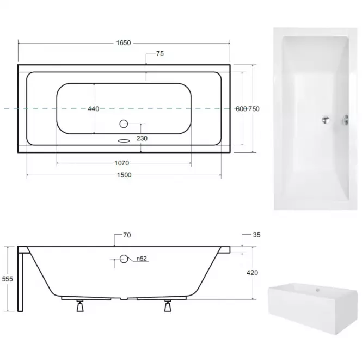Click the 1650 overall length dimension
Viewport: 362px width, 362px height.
(x=124, y=43)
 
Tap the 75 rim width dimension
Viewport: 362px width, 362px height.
(x=160, y=53)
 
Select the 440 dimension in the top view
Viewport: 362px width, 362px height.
(x=94, y=109)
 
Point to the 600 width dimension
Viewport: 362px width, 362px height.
(x=241, y=109)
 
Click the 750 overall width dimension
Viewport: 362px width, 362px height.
(x=254, y=109)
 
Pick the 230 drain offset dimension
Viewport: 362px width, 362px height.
(x=142, y=138)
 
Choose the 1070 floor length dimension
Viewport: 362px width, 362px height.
(x=122, y=163)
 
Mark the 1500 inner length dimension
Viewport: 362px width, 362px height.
(x=124, y=175)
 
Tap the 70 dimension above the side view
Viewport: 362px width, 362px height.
(x=127, y=235)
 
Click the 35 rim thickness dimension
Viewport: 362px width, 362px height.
(x=257, y=235)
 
